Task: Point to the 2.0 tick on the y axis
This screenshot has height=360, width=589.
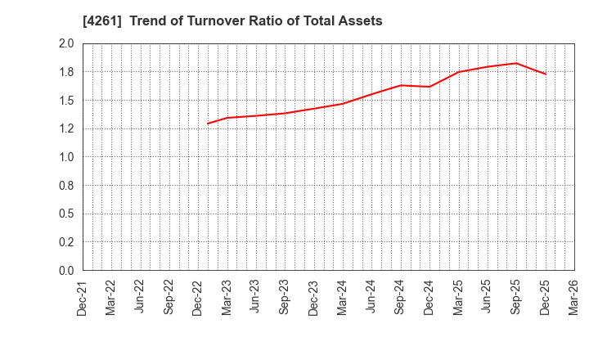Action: [66, 44]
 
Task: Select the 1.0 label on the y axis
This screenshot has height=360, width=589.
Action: [66, 157]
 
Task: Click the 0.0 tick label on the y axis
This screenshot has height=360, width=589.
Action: [66, 271]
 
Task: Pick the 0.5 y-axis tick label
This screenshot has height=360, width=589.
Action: [66, 214]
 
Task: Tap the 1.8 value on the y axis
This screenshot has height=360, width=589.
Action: [66, 72]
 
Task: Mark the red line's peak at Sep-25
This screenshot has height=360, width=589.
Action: [516, 63]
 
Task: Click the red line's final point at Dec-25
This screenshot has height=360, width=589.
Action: [545, 74]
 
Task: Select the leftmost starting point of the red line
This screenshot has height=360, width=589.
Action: [208, 124]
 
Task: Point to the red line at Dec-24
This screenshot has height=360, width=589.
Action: [429, 87]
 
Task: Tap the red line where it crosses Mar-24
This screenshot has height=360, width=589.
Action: [343, 103]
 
